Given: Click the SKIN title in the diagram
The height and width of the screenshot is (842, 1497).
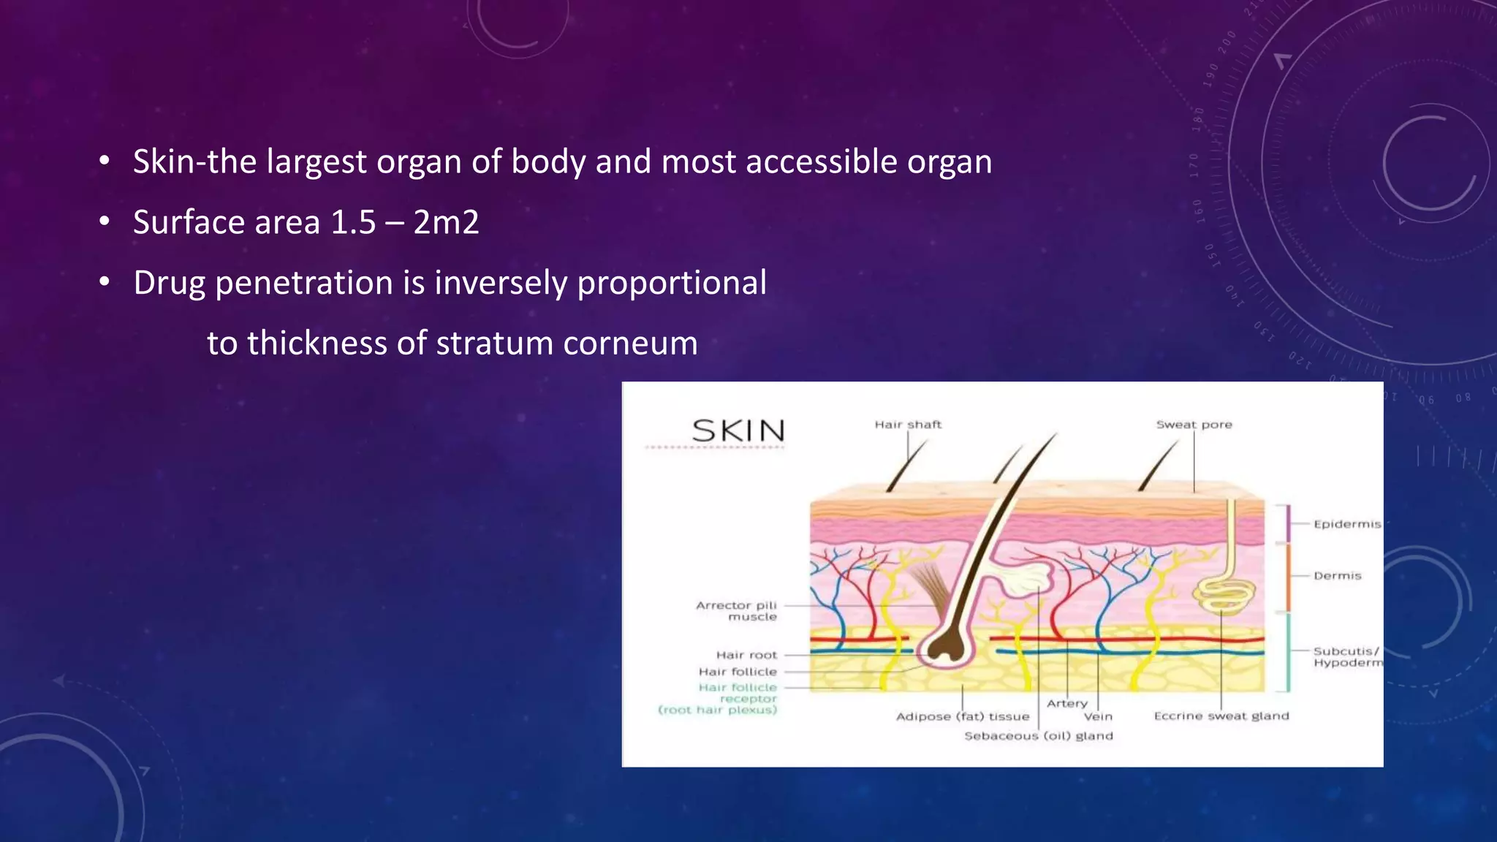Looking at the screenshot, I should [738, 431].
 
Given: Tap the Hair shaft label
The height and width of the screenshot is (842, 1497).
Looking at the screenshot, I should [908, 425].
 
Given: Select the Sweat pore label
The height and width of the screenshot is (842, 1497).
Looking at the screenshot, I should [1194, 425].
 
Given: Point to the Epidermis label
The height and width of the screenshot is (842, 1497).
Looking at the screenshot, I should [1346, 524].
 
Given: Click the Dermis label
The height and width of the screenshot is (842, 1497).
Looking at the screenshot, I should [1337, 576].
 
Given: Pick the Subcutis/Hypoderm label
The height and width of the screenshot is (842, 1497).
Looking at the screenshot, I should [1347, 656].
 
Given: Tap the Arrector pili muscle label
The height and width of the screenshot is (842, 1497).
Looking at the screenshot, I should [737, 611].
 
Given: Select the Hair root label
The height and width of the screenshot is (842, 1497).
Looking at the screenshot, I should [746, 655].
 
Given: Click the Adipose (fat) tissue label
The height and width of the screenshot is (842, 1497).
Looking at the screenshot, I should [962, 716].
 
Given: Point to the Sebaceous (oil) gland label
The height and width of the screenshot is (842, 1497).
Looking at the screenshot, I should [1038, 736].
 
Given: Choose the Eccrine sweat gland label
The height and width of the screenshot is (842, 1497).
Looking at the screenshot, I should [1221, 716].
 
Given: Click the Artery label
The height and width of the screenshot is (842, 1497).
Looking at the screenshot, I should [1066, 703].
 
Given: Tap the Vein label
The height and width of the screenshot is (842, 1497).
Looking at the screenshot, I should [1098, 717].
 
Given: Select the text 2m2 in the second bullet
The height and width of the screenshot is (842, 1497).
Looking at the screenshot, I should [446, 222].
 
